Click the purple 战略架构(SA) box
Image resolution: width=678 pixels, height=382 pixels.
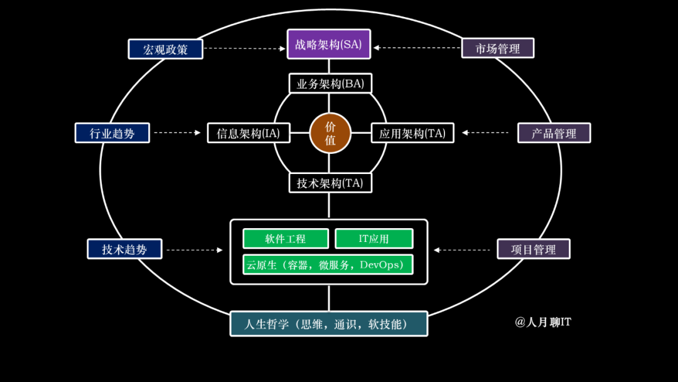tap(329, 45)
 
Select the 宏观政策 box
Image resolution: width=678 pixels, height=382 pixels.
tap(166, 49)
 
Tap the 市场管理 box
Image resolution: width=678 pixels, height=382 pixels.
tap(498, 48)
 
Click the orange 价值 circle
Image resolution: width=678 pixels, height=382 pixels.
tap(330, 133)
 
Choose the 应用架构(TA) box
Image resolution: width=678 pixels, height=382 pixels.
tap(412, 133)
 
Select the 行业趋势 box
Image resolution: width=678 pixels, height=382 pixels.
tap(112, 133)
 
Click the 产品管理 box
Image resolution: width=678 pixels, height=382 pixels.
tap(554, 133)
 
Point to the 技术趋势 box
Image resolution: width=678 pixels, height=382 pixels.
tap(124, 249)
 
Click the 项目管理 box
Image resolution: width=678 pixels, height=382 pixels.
tap(534, 249)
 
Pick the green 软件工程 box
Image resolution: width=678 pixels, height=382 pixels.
tap(286, 239)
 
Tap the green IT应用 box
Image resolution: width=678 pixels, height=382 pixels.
tap(374, 239)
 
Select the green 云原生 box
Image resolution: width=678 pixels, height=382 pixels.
tap(328, 265)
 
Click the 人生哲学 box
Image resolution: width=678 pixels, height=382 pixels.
tap(329, 324)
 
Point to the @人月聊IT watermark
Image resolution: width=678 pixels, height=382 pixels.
tap(543, 322)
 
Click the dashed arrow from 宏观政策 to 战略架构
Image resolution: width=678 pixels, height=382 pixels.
tap(245, 48)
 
